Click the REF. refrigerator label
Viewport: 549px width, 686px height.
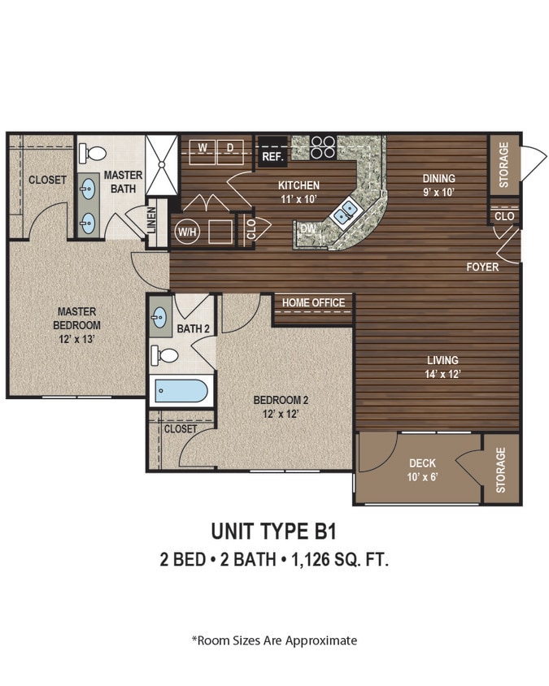click(x=271, y=155)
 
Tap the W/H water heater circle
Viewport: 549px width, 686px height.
click(x=186, y=231)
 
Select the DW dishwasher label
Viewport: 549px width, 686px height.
click(x=307, y=230)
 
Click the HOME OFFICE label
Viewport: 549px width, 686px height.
click(x=313, y=302)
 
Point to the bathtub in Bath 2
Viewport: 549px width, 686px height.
click(x=180, y=392)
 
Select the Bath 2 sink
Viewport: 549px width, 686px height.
click(x=160, y=317)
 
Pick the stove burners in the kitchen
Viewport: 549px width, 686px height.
click(x=323, y=145)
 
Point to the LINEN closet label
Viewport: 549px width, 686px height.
click(x=152, y=221)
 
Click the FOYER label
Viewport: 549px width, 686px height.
click(x=482, y=267)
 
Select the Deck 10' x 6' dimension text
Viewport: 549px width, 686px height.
click(x=422, y=477)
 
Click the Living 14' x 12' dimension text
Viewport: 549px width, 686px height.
click(x=443, y=374)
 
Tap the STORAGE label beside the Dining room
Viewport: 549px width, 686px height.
click(x=503, y=165)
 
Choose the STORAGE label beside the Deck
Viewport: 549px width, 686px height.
click(x=501, y=469)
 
